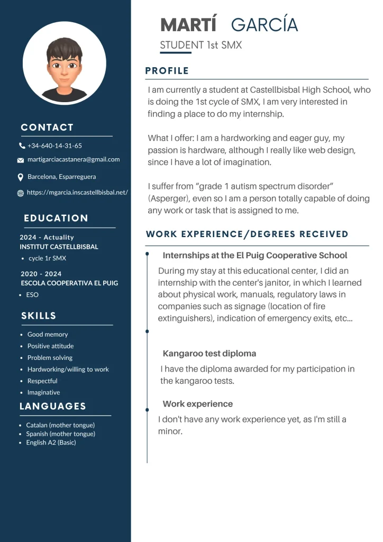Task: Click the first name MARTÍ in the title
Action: (x=188, y=25)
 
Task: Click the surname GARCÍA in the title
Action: (x=265, y=25)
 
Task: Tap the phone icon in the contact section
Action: (x=22, y=146)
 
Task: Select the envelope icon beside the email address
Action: (x=21, y=160)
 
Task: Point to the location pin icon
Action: (x=21, y=177)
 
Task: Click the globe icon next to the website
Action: (x=21, y=193)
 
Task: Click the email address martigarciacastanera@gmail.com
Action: (x=74, y=159)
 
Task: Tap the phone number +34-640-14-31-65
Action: (x=54, y=146)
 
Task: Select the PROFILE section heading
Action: (x=167, y=71)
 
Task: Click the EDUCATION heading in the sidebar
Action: (x=56, y=218)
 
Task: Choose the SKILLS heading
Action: (x=39, y=316)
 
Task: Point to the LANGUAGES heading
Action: (x=53, y=406)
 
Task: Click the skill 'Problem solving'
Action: (x=50, y=358)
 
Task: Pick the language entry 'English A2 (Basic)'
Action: (x=51, y=442)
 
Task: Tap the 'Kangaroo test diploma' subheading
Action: (x=209, y=354)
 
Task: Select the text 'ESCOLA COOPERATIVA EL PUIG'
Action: (x=69, y=283)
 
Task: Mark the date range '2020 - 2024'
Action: (x=41, y=274)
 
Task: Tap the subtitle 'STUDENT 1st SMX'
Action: (x=201, y=46)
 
